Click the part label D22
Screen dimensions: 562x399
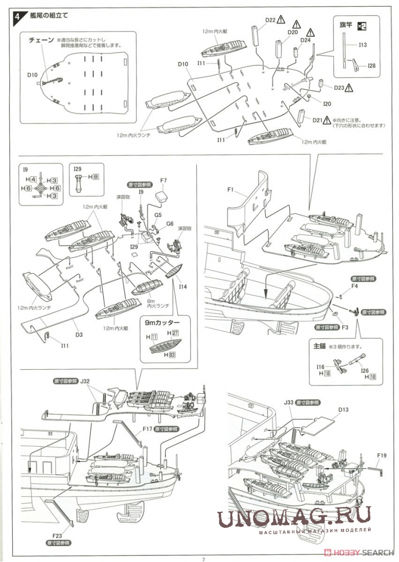pyautogui.click(x=269, y=20)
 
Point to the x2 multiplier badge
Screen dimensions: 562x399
pyautogui.click(x=361, y=25)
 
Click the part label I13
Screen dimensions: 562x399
pyautogui.click(x=363, y=45)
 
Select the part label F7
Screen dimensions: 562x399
pyautogui.click(x=163, y=180)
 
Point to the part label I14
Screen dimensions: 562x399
pyautogui.click(x=183, y=287)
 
